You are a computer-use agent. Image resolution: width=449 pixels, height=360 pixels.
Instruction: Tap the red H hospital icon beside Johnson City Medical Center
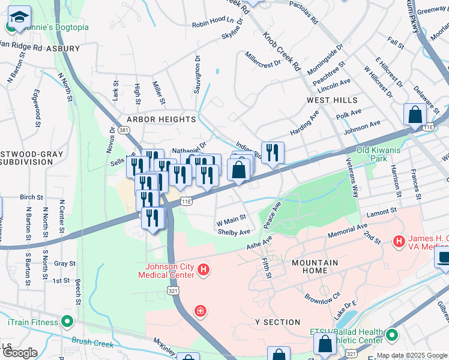pos(203,271)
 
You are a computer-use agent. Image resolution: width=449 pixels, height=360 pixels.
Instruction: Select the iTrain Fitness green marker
pos(67,322)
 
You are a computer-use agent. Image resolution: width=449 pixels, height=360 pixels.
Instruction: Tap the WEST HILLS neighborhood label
pos(332,100)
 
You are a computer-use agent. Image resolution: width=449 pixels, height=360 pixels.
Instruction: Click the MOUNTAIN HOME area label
pos(315,266)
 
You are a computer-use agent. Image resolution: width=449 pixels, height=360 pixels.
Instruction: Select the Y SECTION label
pos(277,322)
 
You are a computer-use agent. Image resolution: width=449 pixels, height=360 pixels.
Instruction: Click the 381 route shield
pos(124,130)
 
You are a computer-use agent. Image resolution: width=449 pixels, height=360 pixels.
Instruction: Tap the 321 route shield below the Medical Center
pos(172,290)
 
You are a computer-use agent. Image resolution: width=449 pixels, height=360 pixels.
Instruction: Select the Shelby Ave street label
pos(234,232)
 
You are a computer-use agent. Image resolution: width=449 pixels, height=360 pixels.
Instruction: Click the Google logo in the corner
pos(19,353)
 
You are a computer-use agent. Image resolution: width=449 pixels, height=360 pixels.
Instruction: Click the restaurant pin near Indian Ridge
pos(273,152)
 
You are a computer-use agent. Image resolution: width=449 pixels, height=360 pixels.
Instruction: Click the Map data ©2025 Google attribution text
pos(412,355)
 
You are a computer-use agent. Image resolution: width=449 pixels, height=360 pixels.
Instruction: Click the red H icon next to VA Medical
pos(397,241)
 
